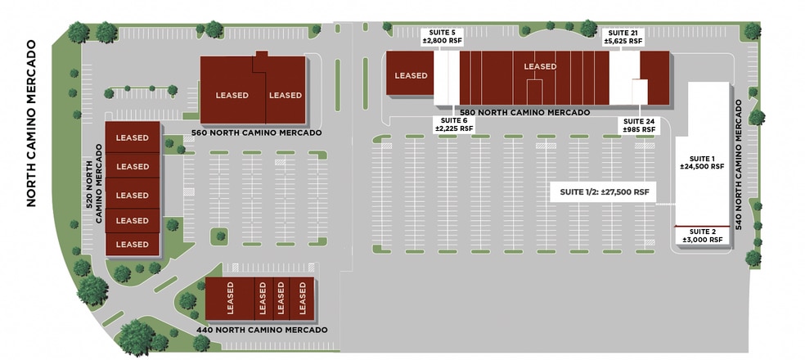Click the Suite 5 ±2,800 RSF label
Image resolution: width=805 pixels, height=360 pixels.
[438, 37]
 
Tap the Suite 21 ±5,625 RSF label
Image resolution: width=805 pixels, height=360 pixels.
[623, 37]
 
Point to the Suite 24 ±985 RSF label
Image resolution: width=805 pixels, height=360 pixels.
[639, 126]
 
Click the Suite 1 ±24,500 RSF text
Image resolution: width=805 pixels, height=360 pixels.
[702, 162]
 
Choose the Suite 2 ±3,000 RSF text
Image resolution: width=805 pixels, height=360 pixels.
[702, 236]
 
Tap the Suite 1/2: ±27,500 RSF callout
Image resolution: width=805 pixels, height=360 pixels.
[605, 192]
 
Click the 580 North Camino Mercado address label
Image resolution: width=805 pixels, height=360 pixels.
[524, 112]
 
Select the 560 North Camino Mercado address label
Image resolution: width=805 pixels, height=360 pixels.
[257, 133]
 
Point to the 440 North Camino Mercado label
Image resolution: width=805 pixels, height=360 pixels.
[262, 330]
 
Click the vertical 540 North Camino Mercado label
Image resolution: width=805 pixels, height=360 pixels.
[739, 164]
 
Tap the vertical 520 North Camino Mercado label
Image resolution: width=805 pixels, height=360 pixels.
[94, 183]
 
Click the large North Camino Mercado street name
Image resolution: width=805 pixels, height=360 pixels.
[31, 124]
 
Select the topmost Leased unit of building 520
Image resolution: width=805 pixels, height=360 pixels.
[133, 137]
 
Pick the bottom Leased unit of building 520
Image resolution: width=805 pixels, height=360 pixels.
[133, 244]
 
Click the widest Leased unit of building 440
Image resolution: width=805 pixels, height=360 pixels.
[230, 299]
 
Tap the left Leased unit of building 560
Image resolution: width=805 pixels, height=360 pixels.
[232, 90]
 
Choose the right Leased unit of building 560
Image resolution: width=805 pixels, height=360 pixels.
[286, 90]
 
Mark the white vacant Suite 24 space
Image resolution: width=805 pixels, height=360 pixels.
[640, 92]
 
